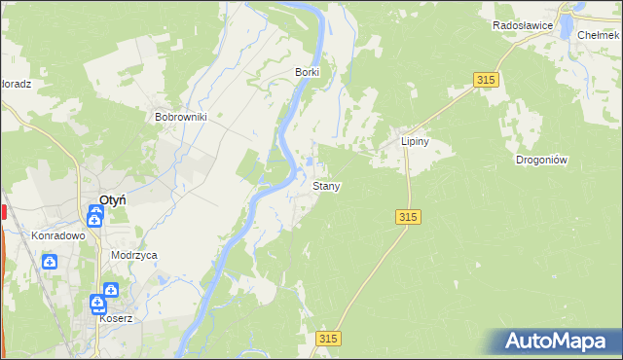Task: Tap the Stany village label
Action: pos(326,185)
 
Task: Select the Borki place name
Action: pos(308,72)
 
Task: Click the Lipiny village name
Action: pos(416,141)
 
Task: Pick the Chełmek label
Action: pos(600,35)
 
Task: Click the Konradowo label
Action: pos(58,235)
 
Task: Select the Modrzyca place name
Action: pos(134,255)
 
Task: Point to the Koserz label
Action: pos(115,318)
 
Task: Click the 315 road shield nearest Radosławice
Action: pos(488,81)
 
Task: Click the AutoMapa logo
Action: pos(556,342)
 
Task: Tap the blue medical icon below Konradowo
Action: pos(49,261)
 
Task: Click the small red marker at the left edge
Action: pos(3,211)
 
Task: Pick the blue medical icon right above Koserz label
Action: pos(111,291)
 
